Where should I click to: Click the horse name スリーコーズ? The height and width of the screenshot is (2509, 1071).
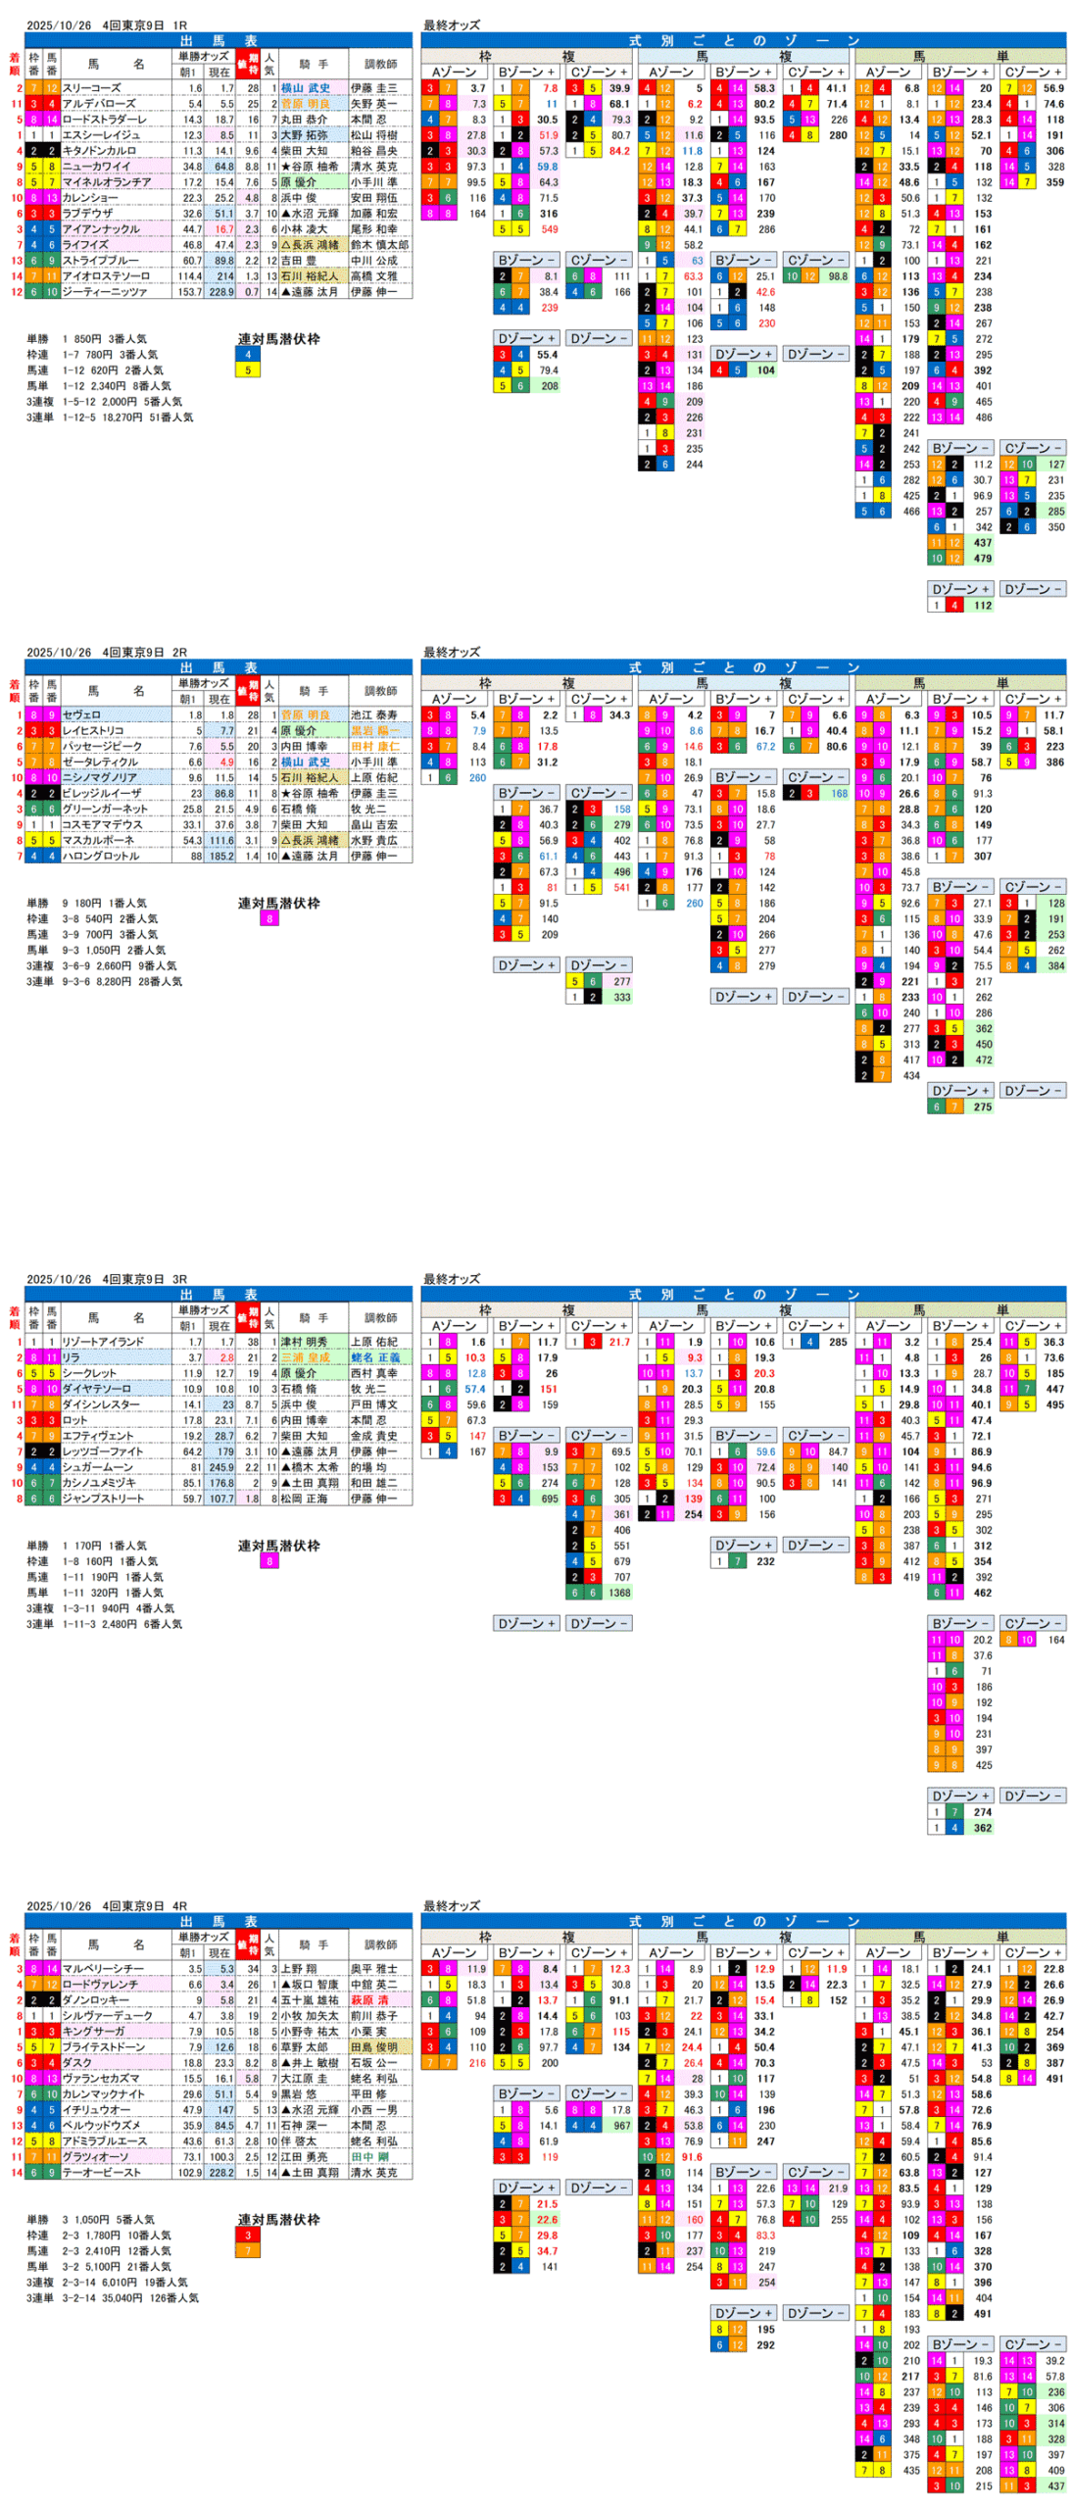coord(92,88)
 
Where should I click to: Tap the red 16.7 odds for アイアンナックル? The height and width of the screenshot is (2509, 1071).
coord(224,229)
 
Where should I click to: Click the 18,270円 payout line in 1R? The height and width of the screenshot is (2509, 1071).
coord(109,418)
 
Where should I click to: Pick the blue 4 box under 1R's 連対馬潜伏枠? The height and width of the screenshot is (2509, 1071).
coord(248,355)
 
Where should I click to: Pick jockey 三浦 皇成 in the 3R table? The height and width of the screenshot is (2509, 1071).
coord(306,1357)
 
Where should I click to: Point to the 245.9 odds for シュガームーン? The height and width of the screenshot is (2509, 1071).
coord(220,1467)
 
